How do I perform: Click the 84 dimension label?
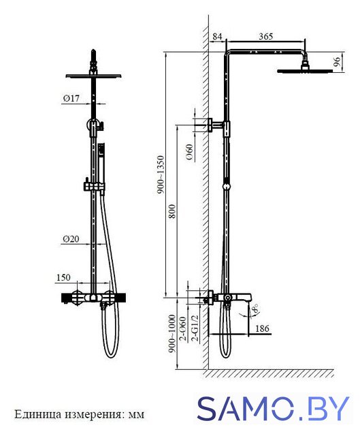point(218,36)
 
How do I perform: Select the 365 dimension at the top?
point(265,36)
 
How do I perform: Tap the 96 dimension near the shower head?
point(337,61)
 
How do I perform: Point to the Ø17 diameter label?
point(71,98)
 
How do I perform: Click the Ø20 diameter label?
point(71,239)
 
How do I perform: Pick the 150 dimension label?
point(63,277)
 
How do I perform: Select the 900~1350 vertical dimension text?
point(161,174)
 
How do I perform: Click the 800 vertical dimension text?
point(172,211)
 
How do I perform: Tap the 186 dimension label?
point(262,328)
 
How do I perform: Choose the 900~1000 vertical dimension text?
point(172,333)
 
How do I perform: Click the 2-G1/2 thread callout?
point(195,328)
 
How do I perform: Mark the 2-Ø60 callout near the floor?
point(183,328)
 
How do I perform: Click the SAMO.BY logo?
point(273,408)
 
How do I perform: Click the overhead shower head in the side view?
point(305,69)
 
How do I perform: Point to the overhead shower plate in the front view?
point(94,76)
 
